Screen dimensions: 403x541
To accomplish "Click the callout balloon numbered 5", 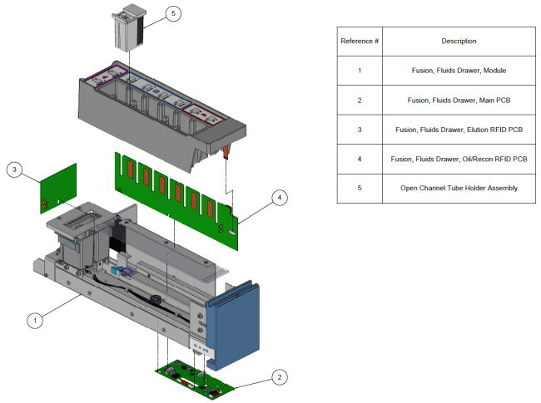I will point(172,14).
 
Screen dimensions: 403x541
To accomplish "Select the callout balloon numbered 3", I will point(14,170).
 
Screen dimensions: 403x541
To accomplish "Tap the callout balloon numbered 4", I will point(280,197).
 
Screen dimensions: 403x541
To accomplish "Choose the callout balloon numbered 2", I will point(280,376).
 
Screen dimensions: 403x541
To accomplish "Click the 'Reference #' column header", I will point(360,41).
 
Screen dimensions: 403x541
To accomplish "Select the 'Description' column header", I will point(459,41).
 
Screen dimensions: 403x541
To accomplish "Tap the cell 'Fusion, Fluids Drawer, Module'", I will point(459,70).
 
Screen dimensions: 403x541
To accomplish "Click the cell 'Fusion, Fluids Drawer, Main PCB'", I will point(459,100).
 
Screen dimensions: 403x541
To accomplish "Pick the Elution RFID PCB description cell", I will point(459,130).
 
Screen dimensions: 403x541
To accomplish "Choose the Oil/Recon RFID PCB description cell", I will point(459,159).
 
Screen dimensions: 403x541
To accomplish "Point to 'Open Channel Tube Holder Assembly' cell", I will point(459,188).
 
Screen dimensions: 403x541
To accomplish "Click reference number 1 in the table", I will point(360,70).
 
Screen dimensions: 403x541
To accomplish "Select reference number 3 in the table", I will point(360,130).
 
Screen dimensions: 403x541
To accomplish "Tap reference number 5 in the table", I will point(360,188).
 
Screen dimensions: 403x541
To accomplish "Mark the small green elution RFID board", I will point(58,187).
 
